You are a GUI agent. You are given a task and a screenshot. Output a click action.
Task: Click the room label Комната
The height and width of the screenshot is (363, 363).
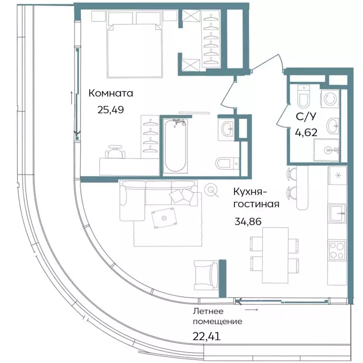coord(111,94)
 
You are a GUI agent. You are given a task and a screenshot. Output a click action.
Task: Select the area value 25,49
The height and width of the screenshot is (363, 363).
coord(111,110)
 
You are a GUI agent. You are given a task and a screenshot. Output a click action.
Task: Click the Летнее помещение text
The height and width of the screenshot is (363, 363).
coord(217,317)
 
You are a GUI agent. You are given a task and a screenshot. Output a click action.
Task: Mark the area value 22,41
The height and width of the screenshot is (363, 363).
coord(207,337)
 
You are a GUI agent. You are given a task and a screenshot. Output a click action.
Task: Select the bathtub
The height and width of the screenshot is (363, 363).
coord(175,146)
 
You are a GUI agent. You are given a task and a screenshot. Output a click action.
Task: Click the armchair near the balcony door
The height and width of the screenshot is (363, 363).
coord(206,276)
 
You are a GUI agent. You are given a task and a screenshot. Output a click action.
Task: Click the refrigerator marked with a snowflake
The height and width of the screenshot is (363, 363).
coord(337,176)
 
